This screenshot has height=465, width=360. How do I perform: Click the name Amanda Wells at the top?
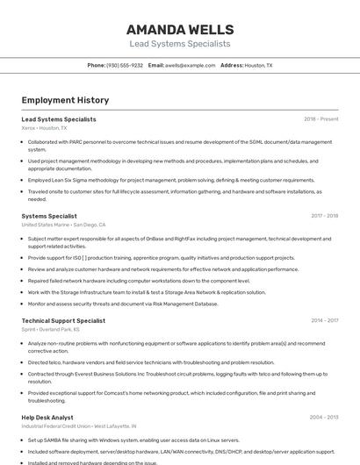point(179,29)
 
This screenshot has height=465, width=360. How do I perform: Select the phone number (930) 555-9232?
point(125,65)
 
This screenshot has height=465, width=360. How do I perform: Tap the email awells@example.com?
point(190,65)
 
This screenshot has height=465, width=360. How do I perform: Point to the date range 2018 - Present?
point(320,118)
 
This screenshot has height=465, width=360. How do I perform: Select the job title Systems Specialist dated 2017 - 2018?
point(49,215)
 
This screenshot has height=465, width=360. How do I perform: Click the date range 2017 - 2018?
point(324,215)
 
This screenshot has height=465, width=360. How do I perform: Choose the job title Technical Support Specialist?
point(63,320)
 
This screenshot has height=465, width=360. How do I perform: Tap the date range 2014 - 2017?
point(324,320)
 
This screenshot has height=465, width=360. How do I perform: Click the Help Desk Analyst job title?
point(47,417)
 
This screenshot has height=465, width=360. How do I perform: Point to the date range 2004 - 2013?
point(324,417)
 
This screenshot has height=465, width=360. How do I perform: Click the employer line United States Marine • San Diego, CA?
point(63,225)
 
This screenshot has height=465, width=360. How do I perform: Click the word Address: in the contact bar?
point(232,65)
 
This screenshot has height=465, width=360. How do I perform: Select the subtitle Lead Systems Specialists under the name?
point(179,43)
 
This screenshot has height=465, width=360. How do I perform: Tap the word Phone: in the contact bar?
point(96,65)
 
